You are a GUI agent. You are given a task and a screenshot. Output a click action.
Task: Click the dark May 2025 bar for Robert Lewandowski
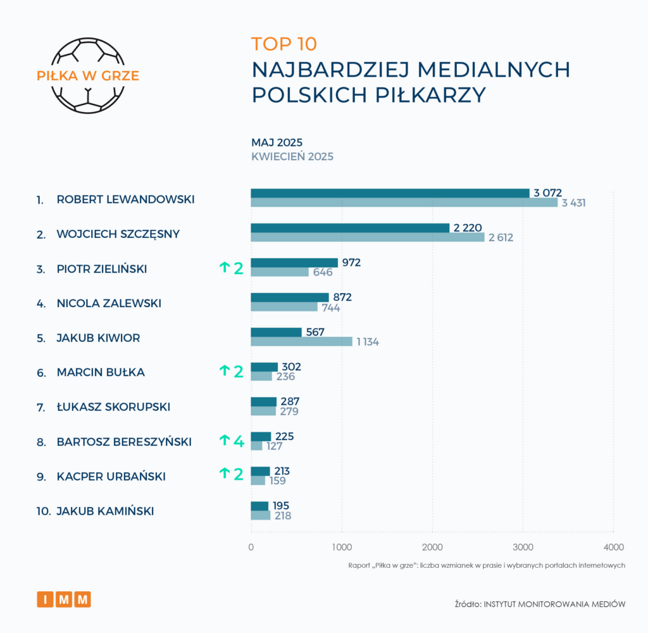tap(390, 193)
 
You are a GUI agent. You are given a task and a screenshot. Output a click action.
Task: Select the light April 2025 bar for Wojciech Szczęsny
tap(367, 237)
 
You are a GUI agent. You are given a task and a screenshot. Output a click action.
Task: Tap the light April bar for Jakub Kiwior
tap(301, 342)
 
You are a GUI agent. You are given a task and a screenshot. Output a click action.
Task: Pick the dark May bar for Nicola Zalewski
tap(290, 297)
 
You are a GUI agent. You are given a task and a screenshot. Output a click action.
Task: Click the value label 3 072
tap(547, 192)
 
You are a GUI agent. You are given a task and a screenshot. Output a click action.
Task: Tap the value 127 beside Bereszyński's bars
tap(273, 446)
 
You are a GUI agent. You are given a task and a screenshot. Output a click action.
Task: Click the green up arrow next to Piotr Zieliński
tap(224, 268)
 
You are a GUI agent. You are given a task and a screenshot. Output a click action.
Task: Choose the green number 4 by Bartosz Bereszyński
tap(238, 441)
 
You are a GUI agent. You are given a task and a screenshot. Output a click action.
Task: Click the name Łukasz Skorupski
tap(113, 407)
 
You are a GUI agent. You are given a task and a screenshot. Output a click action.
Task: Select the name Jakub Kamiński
tap(105, 511)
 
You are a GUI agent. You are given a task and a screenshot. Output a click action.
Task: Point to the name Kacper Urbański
tap(111, 477)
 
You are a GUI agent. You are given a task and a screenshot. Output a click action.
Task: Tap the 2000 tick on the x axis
tap(432, 547)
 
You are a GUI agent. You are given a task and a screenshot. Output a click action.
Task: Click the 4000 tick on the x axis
tap(613, 547)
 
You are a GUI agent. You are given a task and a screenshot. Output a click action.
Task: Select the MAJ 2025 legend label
tap(277, 142)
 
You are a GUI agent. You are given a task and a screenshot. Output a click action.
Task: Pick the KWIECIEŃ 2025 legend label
tap(292, 156)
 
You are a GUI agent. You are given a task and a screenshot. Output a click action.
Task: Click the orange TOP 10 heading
tap(283, 44)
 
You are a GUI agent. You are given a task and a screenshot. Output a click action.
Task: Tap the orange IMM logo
tap(63, 599)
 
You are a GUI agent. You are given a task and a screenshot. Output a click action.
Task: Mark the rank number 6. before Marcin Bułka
tap(41, 373)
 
